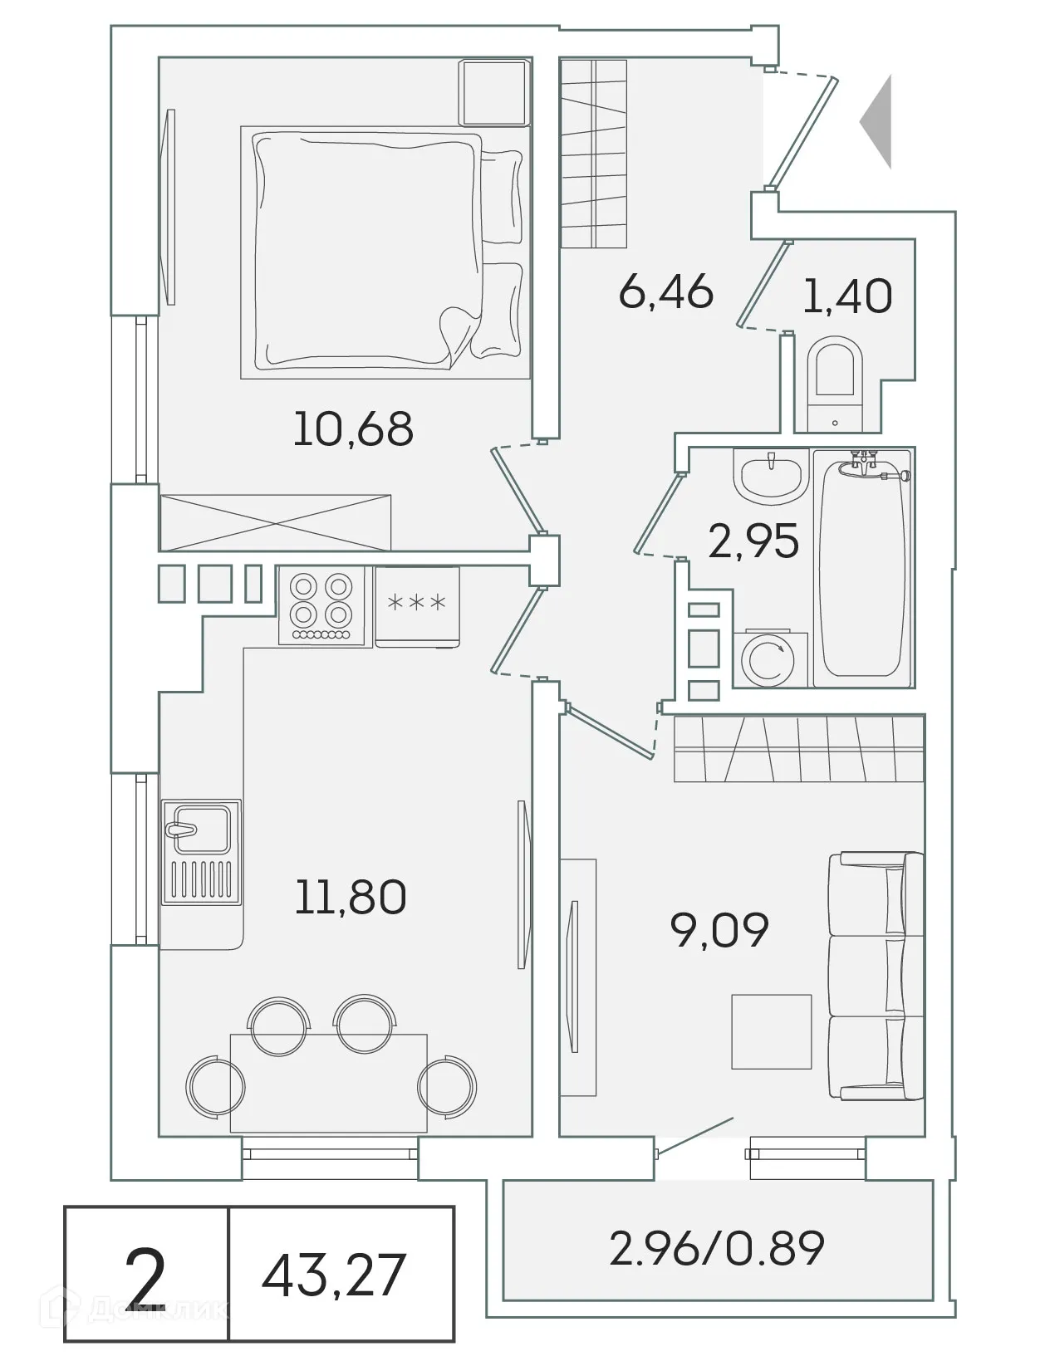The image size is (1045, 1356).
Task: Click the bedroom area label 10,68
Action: click(x=353, y=429)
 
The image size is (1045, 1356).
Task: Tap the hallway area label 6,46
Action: click(x=666, y=291)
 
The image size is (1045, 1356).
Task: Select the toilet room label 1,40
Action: click(x=847, y=296)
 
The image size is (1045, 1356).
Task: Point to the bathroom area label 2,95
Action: click(x=753, y=541)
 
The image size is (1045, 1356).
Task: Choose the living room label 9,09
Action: click(x=719, y=930)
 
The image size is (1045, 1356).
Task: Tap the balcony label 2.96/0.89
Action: click(x=716, y=1248)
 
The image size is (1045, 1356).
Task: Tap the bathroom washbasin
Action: click(x=771, y=477)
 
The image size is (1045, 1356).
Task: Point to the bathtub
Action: click(x=861, y=573)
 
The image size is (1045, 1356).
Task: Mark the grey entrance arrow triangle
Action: click(x=877, y=122)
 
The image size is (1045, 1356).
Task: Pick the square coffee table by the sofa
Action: click(x=771, y=1030)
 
